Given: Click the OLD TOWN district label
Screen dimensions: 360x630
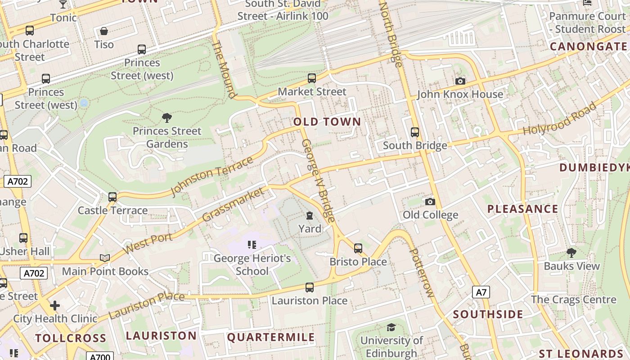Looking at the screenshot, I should pos(327,121).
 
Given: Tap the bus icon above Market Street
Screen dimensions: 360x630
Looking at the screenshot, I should pos(312,78).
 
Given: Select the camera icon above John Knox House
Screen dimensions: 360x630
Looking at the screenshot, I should pos(460,81).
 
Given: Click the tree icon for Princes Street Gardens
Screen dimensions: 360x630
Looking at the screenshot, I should pos(167,118).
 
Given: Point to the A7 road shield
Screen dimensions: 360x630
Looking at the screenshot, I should pos(481,292).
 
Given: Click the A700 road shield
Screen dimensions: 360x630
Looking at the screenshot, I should pos(99,357).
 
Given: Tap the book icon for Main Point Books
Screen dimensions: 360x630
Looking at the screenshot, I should pos(105,258).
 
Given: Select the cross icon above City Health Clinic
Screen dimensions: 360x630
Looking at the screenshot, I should pos(55,306).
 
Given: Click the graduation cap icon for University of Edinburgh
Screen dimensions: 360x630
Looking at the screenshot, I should pos(391,327).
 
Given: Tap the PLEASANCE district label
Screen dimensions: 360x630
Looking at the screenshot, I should pos(523,209).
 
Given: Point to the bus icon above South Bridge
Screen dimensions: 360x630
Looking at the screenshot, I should pos(415,132).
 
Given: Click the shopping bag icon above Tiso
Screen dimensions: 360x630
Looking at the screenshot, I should pos(104,31).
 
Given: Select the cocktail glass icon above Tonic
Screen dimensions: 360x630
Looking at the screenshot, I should pos(63,4).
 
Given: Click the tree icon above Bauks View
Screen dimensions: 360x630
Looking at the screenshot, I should pos(571,252).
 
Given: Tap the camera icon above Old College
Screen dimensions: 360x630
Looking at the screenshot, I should pos(430,202).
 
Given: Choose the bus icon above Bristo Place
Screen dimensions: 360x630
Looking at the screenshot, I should pos(358,248).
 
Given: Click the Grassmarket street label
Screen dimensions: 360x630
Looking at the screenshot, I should pos(233,205).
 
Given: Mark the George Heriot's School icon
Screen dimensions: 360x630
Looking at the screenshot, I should pos(252,245).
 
